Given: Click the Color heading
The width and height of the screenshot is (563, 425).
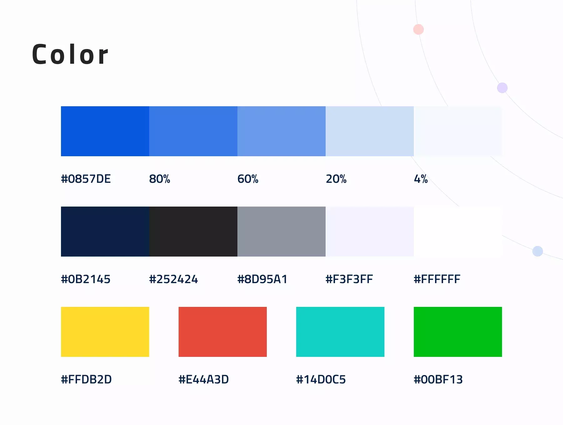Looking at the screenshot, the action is click(70, 54).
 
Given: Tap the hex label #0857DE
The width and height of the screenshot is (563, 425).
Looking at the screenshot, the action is click(86, 179).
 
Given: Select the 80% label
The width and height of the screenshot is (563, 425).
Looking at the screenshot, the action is click(160, 179).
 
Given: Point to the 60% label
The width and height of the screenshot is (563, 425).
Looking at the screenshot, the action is click(248, 179).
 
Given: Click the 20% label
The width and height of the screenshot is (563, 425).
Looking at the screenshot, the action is click(336, 179).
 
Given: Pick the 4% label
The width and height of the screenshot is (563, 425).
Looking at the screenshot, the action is click(421, 179).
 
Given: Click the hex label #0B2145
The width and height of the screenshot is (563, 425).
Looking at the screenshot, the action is click(86, 279).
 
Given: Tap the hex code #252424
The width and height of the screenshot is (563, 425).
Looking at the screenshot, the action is click(174, 279).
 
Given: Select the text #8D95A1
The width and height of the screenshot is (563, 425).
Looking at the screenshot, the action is click(262, 279).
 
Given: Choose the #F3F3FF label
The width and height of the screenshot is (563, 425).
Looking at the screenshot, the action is click(349, 279).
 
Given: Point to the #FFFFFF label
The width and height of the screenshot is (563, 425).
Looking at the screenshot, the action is click(437, 279).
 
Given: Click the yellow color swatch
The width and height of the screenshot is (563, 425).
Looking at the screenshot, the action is click(105, 332).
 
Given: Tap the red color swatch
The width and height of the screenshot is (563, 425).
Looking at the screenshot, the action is click(223, 332).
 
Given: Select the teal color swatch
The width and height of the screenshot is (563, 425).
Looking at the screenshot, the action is click(340, 332).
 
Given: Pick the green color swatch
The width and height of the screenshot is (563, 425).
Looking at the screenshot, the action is click(458, 332).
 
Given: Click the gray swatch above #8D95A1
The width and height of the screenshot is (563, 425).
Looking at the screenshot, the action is click(281, 232).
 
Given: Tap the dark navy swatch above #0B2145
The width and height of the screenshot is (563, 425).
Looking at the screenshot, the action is click(105, 232).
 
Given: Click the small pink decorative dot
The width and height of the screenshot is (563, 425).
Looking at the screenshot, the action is click(418, 29).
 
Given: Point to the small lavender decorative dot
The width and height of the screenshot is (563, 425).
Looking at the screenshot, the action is click(502, 88).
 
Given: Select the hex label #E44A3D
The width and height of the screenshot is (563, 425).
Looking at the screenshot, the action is click(204, 379).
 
